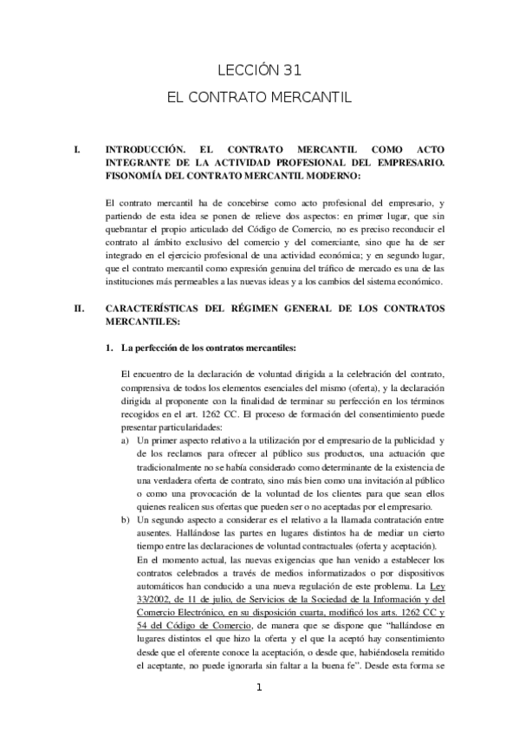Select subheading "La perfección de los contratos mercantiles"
[x=212, y=348]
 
